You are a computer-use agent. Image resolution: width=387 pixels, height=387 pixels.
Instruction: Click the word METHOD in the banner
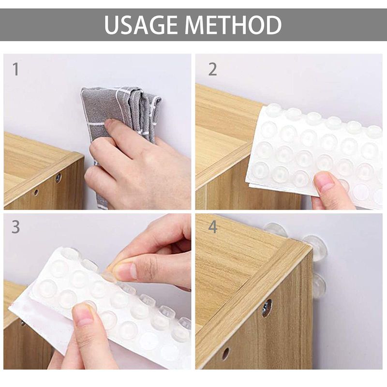(233, 25)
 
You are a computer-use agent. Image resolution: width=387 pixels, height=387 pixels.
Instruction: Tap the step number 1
(16, 69)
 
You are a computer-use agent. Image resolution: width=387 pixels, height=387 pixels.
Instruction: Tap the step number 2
(212, 69)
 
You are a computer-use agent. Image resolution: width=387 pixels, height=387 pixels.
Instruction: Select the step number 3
(16, 227)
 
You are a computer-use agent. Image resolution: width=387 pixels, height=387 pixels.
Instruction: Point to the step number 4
(213, 227)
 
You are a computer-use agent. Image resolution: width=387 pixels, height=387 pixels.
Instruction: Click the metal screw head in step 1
(58, 177)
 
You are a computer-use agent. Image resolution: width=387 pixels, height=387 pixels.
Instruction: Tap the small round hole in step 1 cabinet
(36, 192)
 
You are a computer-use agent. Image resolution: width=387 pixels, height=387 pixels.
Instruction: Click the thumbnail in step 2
(326, 182)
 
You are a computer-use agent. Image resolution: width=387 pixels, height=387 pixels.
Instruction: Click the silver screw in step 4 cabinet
(267, 308)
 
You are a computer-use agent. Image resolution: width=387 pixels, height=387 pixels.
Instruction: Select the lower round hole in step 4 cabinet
(225, 354)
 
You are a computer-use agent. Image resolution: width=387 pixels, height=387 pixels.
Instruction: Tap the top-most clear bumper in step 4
(276, 229)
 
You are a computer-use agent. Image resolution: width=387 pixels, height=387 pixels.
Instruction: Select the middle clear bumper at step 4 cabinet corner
(316, 247)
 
